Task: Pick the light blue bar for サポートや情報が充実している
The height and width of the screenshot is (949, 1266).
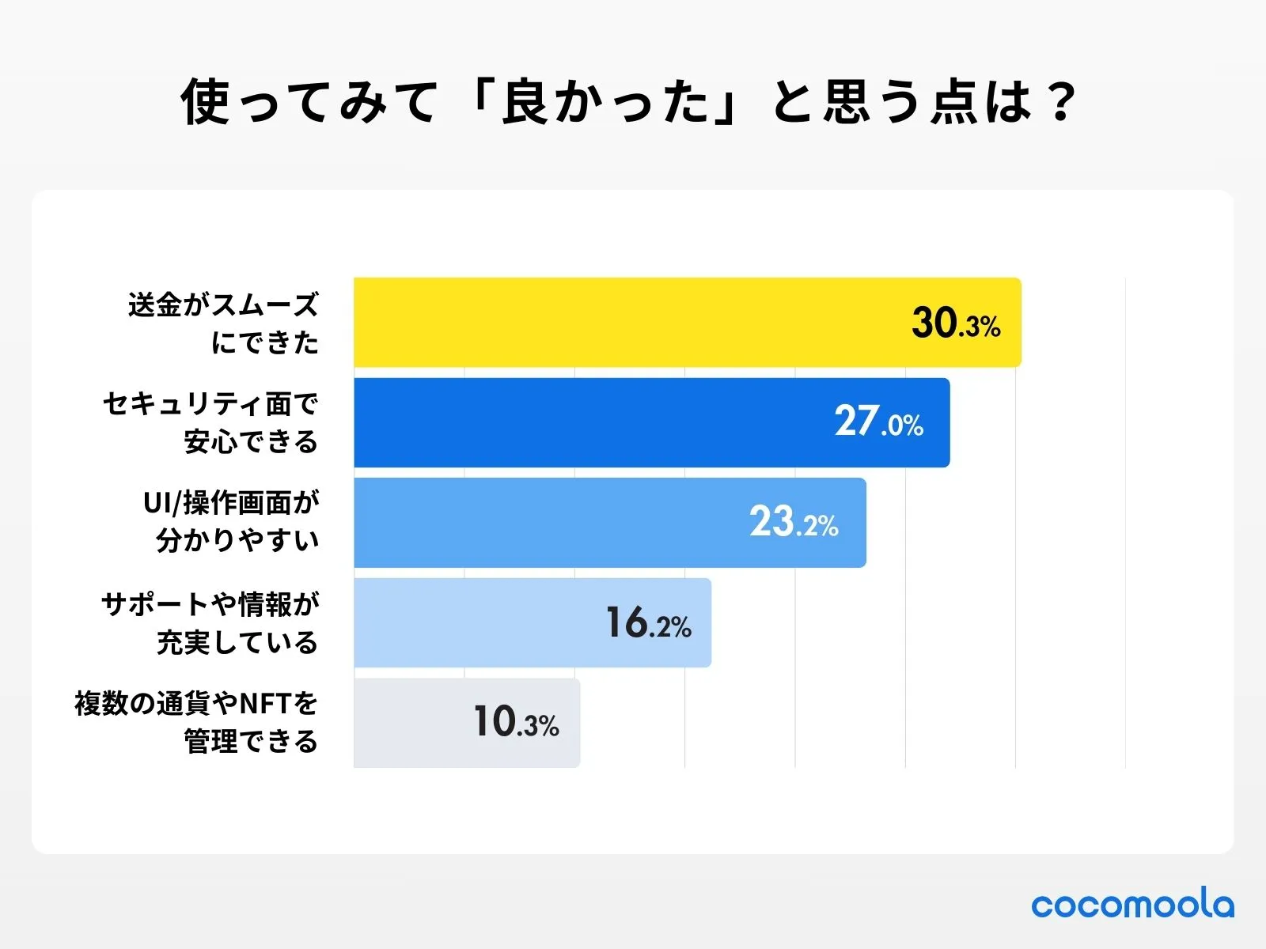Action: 475,622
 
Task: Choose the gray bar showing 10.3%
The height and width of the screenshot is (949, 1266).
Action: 411,723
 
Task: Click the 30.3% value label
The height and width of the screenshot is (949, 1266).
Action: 956,323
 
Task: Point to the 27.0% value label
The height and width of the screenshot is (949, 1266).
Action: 878,422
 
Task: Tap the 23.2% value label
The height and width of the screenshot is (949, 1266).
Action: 794,523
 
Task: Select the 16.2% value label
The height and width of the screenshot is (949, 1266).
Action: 648,623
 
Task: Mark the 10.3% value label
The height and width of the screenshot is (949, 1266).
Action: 516,723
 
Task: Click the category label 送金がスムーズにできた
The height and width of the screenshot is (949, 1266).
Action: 224,323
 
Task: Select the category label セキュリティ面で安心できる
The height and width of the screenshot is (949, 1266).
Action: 211,423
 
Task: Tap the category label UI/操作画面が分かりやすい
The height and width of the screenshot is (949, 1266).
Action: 232,522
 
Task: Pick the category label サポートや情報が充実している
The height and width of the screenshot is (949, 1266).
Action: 210,623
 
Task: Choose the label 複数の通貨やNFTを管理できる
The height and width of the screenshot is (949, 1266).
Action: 197,722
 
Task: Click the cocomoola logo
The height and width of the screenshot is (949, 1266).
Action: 1132,904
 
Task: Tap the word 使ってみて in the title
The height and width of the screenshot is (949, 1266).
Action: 309,101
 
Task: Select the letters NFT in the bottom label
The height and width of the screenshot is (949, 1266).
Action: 266,703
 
